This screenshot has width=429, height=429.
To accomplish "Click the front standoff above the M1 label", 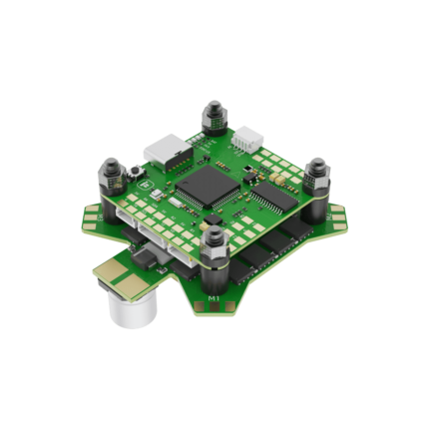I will (x=213, y=249).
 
